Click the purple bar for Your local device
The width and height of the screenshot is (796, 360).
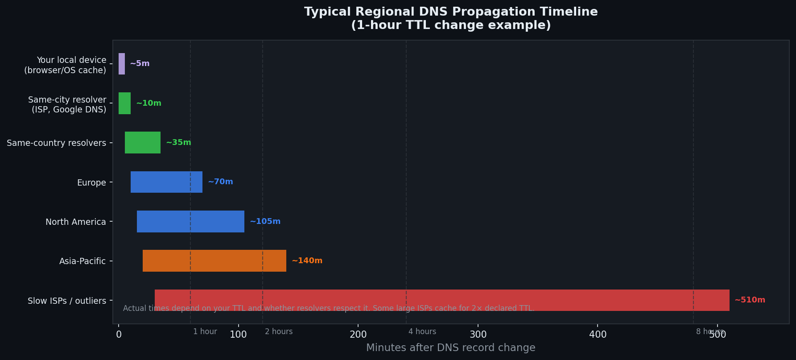coord(122,64)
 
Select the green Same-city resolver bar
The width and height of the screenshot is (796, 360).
coord(124,103)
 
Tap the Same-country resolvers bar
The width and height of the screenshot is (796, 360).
coord(143,143)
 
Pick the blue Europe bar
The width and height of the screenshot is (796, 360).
coord(166,182)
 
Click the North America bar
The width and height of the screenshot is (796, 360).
coord(190,222)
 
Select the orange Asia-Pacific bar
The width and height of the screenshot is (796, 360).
coord(214,261)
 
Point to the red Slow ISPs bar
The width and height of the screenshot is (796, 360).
coord(441,300)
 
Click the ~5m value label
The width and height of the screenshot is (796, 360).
coord(140,64)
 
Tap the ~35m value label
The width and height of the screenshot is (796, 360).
coord(178,143)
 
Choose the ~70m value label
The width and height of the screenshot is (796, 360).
coord(220,182)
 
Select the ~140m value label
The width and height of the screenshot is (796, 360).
coord(307,261)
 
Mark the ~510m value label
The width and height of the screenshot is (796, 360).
coord(750,300)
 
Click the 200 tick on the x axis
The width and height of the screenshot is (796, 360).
coord(358,335)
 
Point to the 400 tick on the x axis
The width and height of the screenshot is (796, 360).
coord(598,335)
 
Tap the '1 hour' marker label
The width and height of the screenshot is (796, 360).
coord(205,331)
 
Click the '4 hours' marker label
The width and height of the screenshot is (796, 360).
coord(422,331)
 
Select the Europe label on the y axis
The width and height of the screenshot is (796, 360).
coord(91,182)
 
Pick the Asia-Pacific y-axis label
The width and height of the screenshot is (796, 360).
coord(82,261)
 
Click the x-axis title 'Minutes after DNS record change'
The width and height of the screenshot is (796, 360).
coord(450,348)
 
